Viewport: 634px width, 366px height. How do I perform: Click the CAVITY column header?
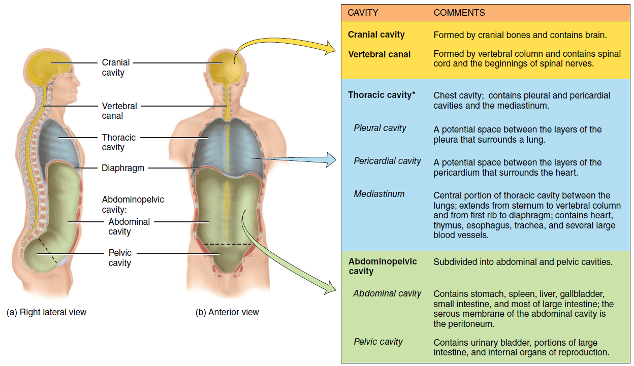click(363, 13)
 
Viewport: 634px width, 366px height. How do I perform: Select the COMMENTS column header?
click(459, 13)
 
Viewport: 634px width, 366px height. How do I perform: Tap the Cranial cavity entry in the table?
click(376, 35)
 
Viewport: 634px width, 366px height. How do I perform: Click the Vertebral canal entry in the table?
click(379, 54)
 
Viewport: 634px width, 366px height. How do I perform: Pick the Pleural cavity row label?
click(379, 128)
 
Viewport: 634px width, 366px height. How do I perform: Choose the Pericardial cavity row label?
click(387, 161)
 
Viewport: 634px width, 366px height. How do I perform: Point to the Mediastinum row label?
click(379, 194)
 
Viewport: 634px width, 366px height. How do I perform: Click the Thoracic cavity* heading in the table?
click(382, 95)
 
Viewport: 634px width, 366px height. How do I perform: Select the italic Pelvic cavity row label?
click(378, 342)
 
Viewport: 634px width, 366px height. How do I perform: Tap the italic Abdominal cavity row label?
click(387, 293)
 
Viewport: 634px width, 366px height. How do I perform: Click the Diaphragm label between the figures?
click(123, 168)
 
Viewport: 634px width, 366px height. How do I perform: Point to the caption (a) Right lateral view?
click(46, 312)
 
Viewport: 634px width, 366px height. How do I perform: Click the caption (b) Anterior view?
click(227, 312)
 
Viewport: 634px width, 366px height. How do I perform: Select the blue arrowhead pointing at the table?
click(331, 159)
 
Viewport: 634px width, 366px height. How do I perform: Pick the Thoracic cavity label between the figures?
click(118, 142)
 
